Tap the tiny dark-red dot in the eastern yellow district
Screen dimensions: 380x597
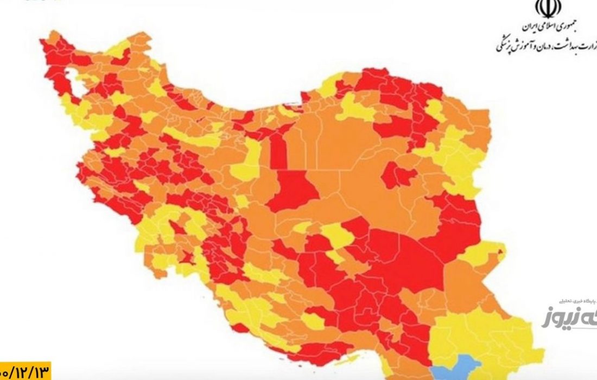(501, 251)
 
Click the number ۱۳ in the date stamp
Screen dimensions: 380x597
(41, 372)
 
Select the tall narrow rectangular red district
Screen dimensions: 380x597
(278, 152)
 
